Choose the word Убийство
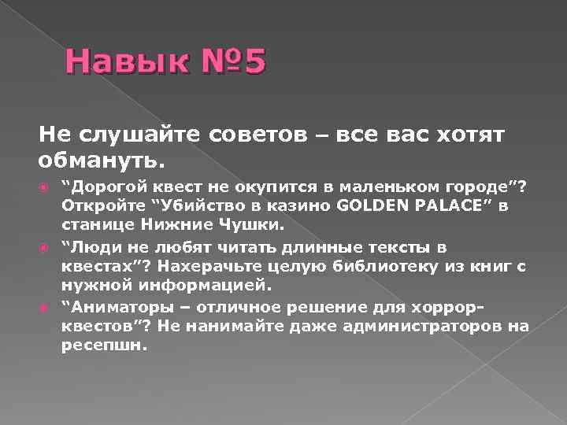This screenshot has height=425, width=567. [198, 205]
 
